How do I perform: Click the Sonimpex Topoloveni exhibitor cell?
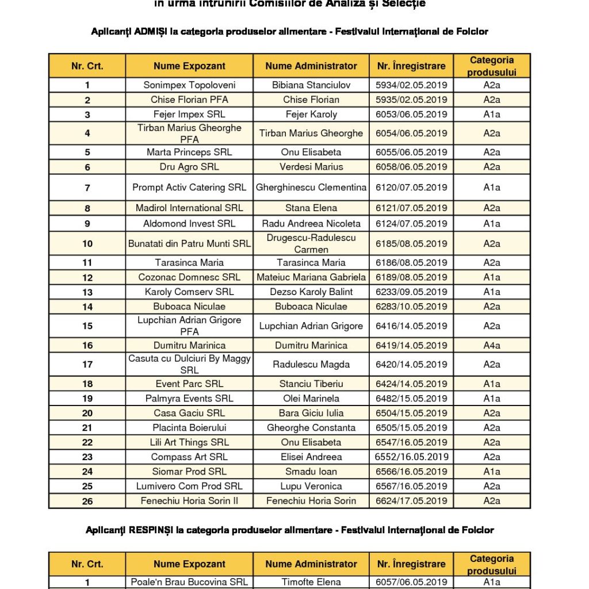(189, 85)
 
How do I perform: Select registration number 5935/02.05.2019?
(411, 100)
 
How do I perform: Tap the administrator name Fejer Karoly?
(311, 114)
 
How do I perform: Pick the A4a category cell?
(491, 345)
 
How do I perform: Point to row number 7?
(87, 188)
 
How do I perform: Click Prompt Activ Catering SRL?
(189, 188)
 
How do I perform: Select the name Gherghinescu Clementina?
(311, 188)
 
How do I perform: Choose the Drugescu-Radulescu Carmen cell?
(311, 244)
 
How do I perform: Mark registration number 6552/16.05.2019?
(411, 457)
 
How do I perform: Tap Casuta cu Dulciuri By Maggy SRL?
(189, 365)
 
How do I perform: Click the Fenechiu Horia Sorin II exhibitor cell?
(189, 501)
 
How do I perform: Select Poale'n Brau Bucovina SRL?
(189, 582)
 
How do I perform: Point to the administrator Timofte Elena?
(311, 582)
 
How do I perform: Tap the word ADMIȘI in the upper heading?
(151, 32)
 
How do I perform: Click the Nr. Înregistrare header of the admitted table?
(411, 66)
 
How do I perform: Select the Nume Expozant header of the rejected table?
(189, 564)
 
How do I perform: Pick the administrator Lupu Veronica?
(311, 486)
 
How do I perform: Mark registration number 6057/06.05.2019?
(411, 582)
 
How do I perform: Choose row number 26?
(87, 501)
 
